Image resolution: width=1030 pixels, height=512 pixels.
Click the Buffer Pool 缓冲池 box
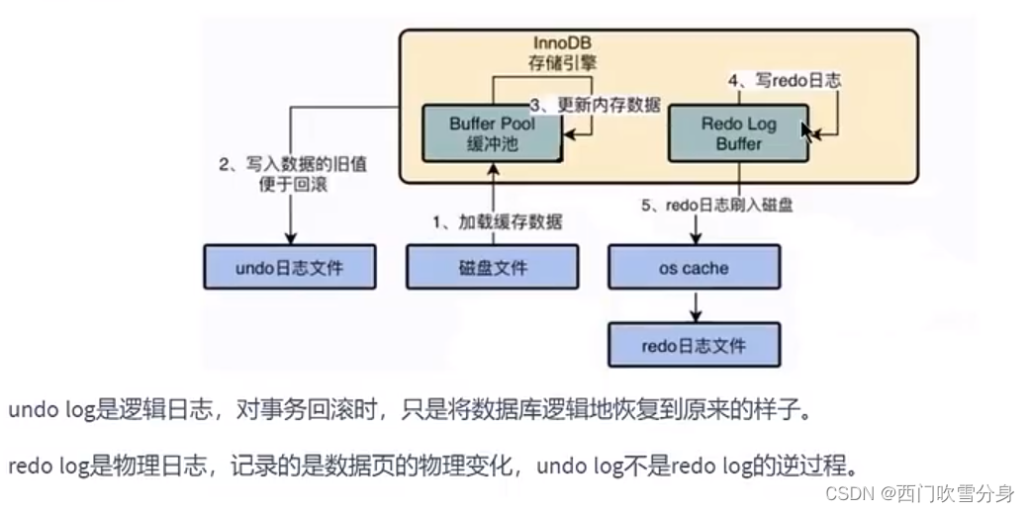pyautogui.click(x=491, y=134)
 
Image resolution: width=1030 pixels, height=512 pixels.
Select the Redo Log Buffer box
pyautogui.click(x=738, y=134)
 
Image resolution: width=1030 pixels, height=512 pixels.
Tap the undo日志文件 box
pyautogui.click(x=290, y=267)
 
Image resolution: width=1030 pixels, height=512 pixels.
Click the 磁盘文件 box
pyautogui.click(x=492, y=267)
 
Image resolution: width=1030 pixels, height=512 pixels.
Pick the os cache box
pyautogui.click(x=694, y=267)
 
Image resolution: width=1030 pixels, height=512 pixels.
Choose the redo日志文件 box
pyautogui.click(x=694, y=346)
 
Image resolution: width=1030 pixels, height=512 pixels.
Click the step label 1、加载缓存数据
pyautogui.click(x=498, y=221)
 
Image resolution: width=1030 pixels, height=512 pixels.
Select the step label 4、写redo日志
pyautogui.click(x=785, y=80)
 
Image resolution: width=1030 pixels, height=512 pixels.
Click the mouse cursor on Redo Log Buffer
pyautogui.click(x=808, y=132)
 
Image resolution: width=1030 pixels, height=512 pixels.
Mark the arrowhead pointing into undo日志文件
pyautogui.click(x=290, y=237)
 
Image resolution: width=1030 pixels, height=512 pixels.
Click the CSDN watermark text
pyautogui.click(x=919, y=491)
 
